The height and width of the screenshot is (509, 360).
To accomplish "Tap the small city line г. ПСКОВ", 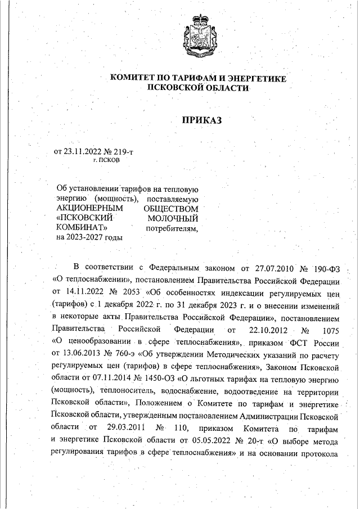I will point(106,160).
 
